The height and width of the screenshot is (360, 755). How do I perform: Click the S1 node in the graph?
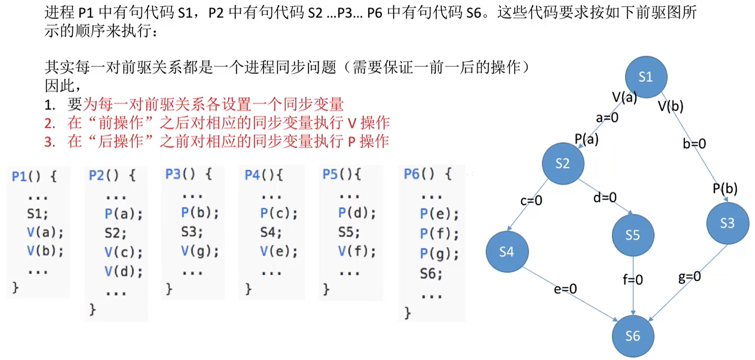646,76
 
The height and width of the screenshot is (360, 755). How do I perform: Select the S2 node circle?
563,164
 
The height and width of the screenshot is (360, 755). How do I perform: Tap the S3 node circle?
728,223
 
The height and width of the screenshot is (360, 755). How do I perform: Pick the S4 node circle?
507,253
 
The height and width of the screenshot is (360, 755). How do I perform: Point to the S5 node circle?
633,235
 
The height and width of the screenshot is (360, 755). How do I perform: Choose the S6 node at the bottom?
633,336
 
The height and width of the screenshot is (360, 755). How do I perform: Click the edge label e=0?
566,289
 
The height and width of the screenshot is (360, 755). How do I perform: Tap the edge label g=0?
689,276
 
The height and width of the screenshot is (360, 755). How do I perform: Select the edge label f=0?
632,280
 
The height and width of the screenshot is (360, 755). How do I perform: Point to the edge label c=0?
531,201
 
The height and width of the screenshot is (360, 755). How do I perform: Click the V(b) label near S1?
670,106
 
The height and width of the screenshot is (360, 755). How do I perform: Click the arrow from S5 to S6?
633,295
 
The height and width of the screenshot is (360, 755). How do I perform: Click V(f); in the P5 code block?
357,252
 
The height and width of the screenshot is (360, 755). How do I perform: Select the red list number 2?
49,123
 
